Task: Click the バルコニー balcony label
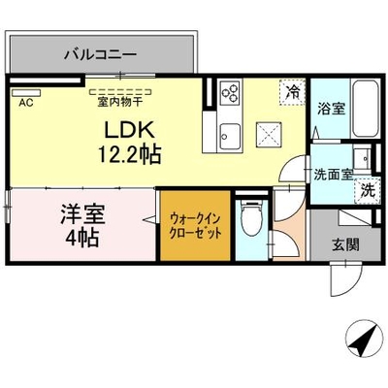click(100, 54)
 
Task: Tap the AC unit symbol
click(26, 93)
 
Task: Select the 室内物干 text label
click(119, 102)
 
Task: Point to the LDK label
click(128, 131)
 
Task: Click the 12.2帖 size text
click(129, 154)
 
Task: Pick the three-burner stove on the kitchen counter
click(230, 92)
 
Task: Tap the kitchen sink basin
click(230, 136)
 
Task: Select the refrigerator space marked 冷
click(292, 92)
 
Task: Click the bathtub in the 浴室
click(365, 109)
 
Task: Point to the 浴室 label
click(331, 109)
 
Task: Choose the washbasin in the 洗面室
click(362, 159)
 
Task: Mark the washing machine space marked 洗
click(368, 191)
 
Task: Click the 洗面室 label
click(334, 175)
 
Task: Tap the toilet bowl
click(252, 218)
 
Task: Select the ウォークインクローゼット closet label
click(196, 225)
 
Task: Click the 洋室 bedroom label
click(82, 214)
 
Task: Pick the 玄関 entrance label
click(345, 244)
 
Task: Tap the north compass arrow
click(362, 339)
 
